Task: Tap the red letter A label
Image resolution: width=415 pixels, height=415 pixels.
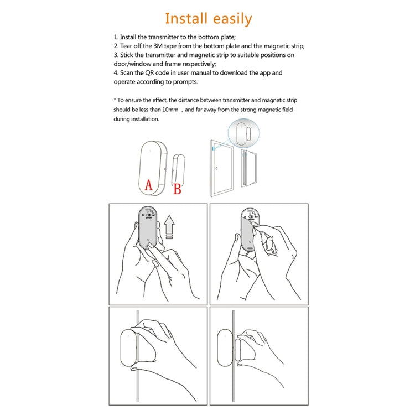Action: (148, 185)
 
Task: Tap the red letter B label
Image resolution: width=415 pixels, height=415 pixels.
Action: (177, 189)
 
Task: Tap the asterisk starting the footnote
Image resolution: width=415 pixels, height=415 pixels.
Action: (115, 100)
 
